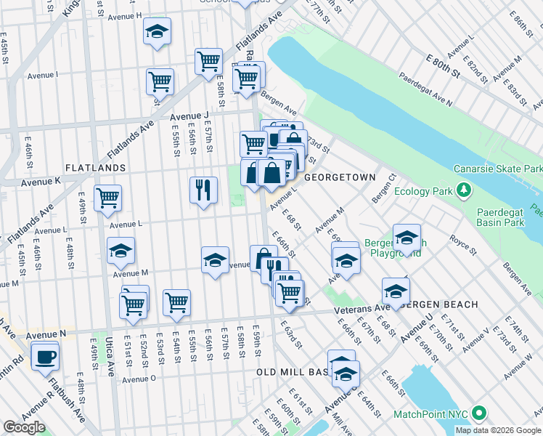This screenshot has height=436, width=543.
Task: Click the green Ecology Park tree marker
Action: [x=462, y=192]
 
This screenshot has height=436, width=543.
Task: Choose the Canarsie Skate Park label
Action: [x=498, y=169]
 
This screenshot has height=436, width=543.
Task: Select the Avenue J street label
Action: [x=189, y=116]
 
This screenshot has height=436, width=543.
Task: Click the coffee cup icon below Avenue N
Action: [x=45, y=356]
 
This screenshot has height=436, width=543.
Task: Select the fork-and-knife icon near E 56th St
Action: [x=203, y=190]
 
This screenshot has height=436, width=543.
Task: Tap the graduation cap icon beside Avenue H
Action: [x=157, y=31]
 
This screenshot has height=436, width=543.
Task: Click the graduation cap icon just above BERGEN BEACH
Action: [x=396, y=291]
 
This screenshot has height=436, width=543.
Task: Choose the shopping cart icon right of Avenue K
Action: [x=107, y=197]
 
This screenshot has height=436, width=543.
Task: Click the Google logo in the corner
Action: [x=24, y=427]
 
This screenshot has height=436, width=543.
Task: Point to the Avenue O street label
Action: [x=139, y=379]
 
